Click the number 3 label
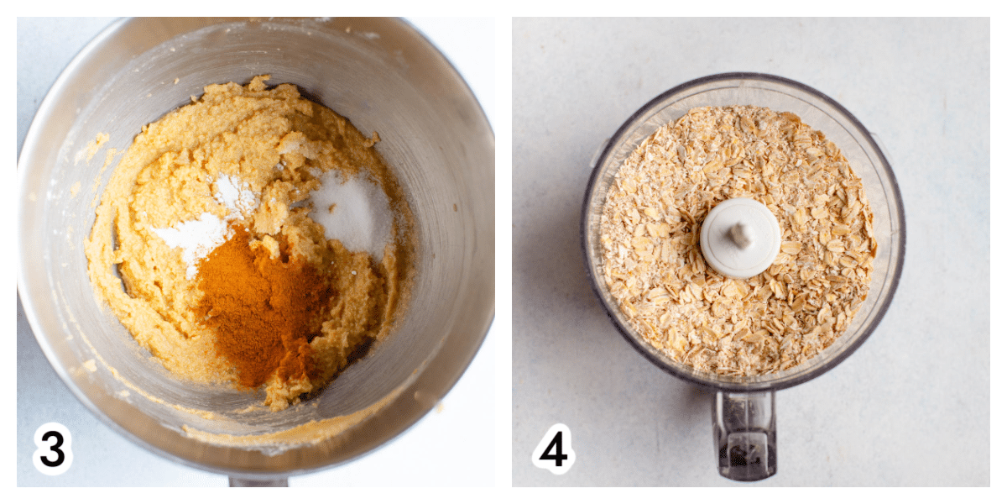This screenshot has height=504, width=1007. click(53, 449)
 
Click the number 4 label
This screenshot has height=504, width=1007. click(553, 449)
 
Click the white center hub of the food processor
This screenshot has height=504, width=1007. click(740, 238)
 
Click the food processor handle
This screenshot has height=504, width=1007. click(744, 434)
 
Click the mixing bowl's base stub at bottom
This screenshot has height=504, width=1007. click(258, 481)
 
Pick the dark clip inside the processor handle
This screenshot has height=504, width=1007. click(744, 454)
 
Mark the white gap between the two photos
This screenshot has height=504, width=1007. click(503, 252)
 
